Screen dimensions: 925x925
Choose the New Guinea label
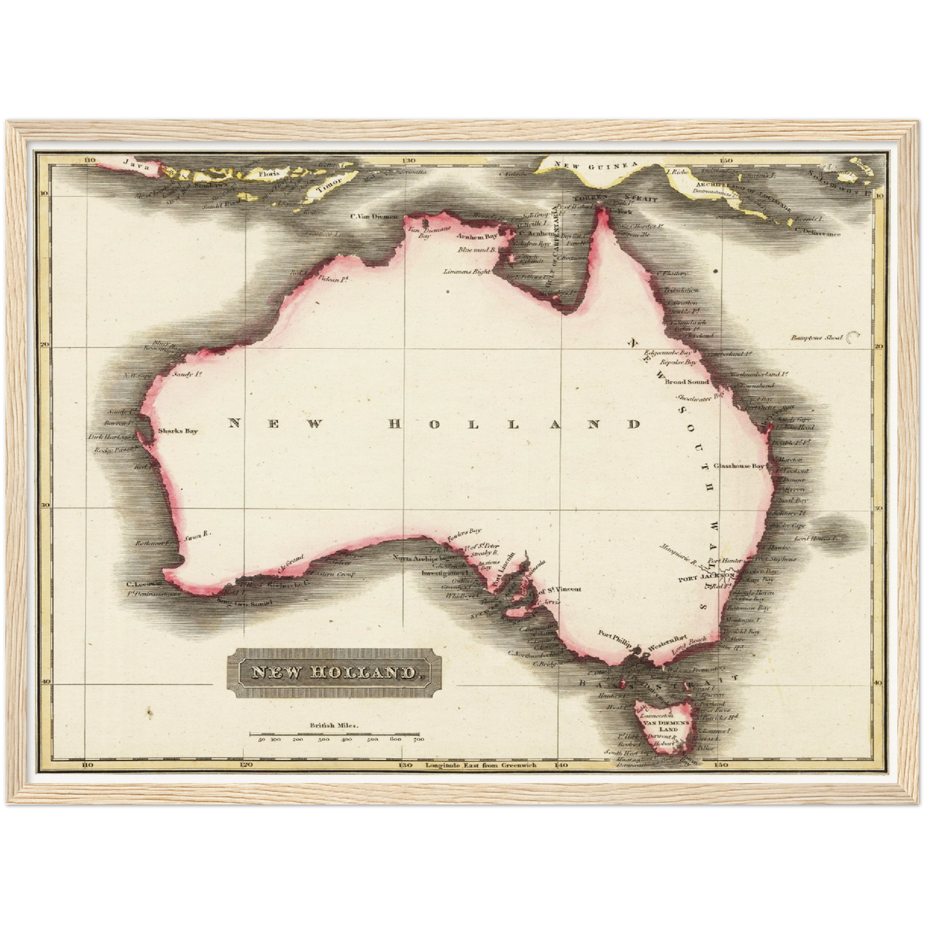pos(595,165)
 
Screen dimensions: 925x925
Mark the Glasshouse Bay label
pos(739,467)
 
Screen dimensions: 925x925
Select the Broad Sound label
pos(687,382)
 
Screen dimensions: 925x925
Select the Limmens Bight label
pos(467,271)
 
